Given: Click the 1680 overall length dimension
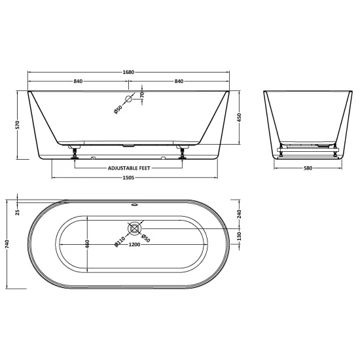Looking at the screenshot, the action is pos(128,72).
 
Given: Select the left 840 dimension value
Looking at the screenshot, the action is pos(78,81).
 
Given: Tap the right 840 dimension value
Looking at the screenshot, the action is pos(179,81).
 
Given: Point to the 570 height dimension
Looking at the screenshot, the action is pos(18,124).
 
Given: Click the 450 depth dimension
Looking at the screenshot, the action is pos(240,118).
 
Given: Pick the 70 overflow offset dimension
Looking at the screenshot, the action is pos(142,94).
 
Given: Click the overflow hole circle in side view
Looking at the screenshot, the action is pos(128,99).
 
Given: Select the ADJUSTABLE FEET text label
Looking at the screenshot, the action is pos(129,168).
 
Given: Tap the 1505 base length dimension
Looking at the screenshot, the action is pos(128,177).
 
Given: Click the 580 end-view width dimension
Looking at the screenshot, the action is pos(308,168).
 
